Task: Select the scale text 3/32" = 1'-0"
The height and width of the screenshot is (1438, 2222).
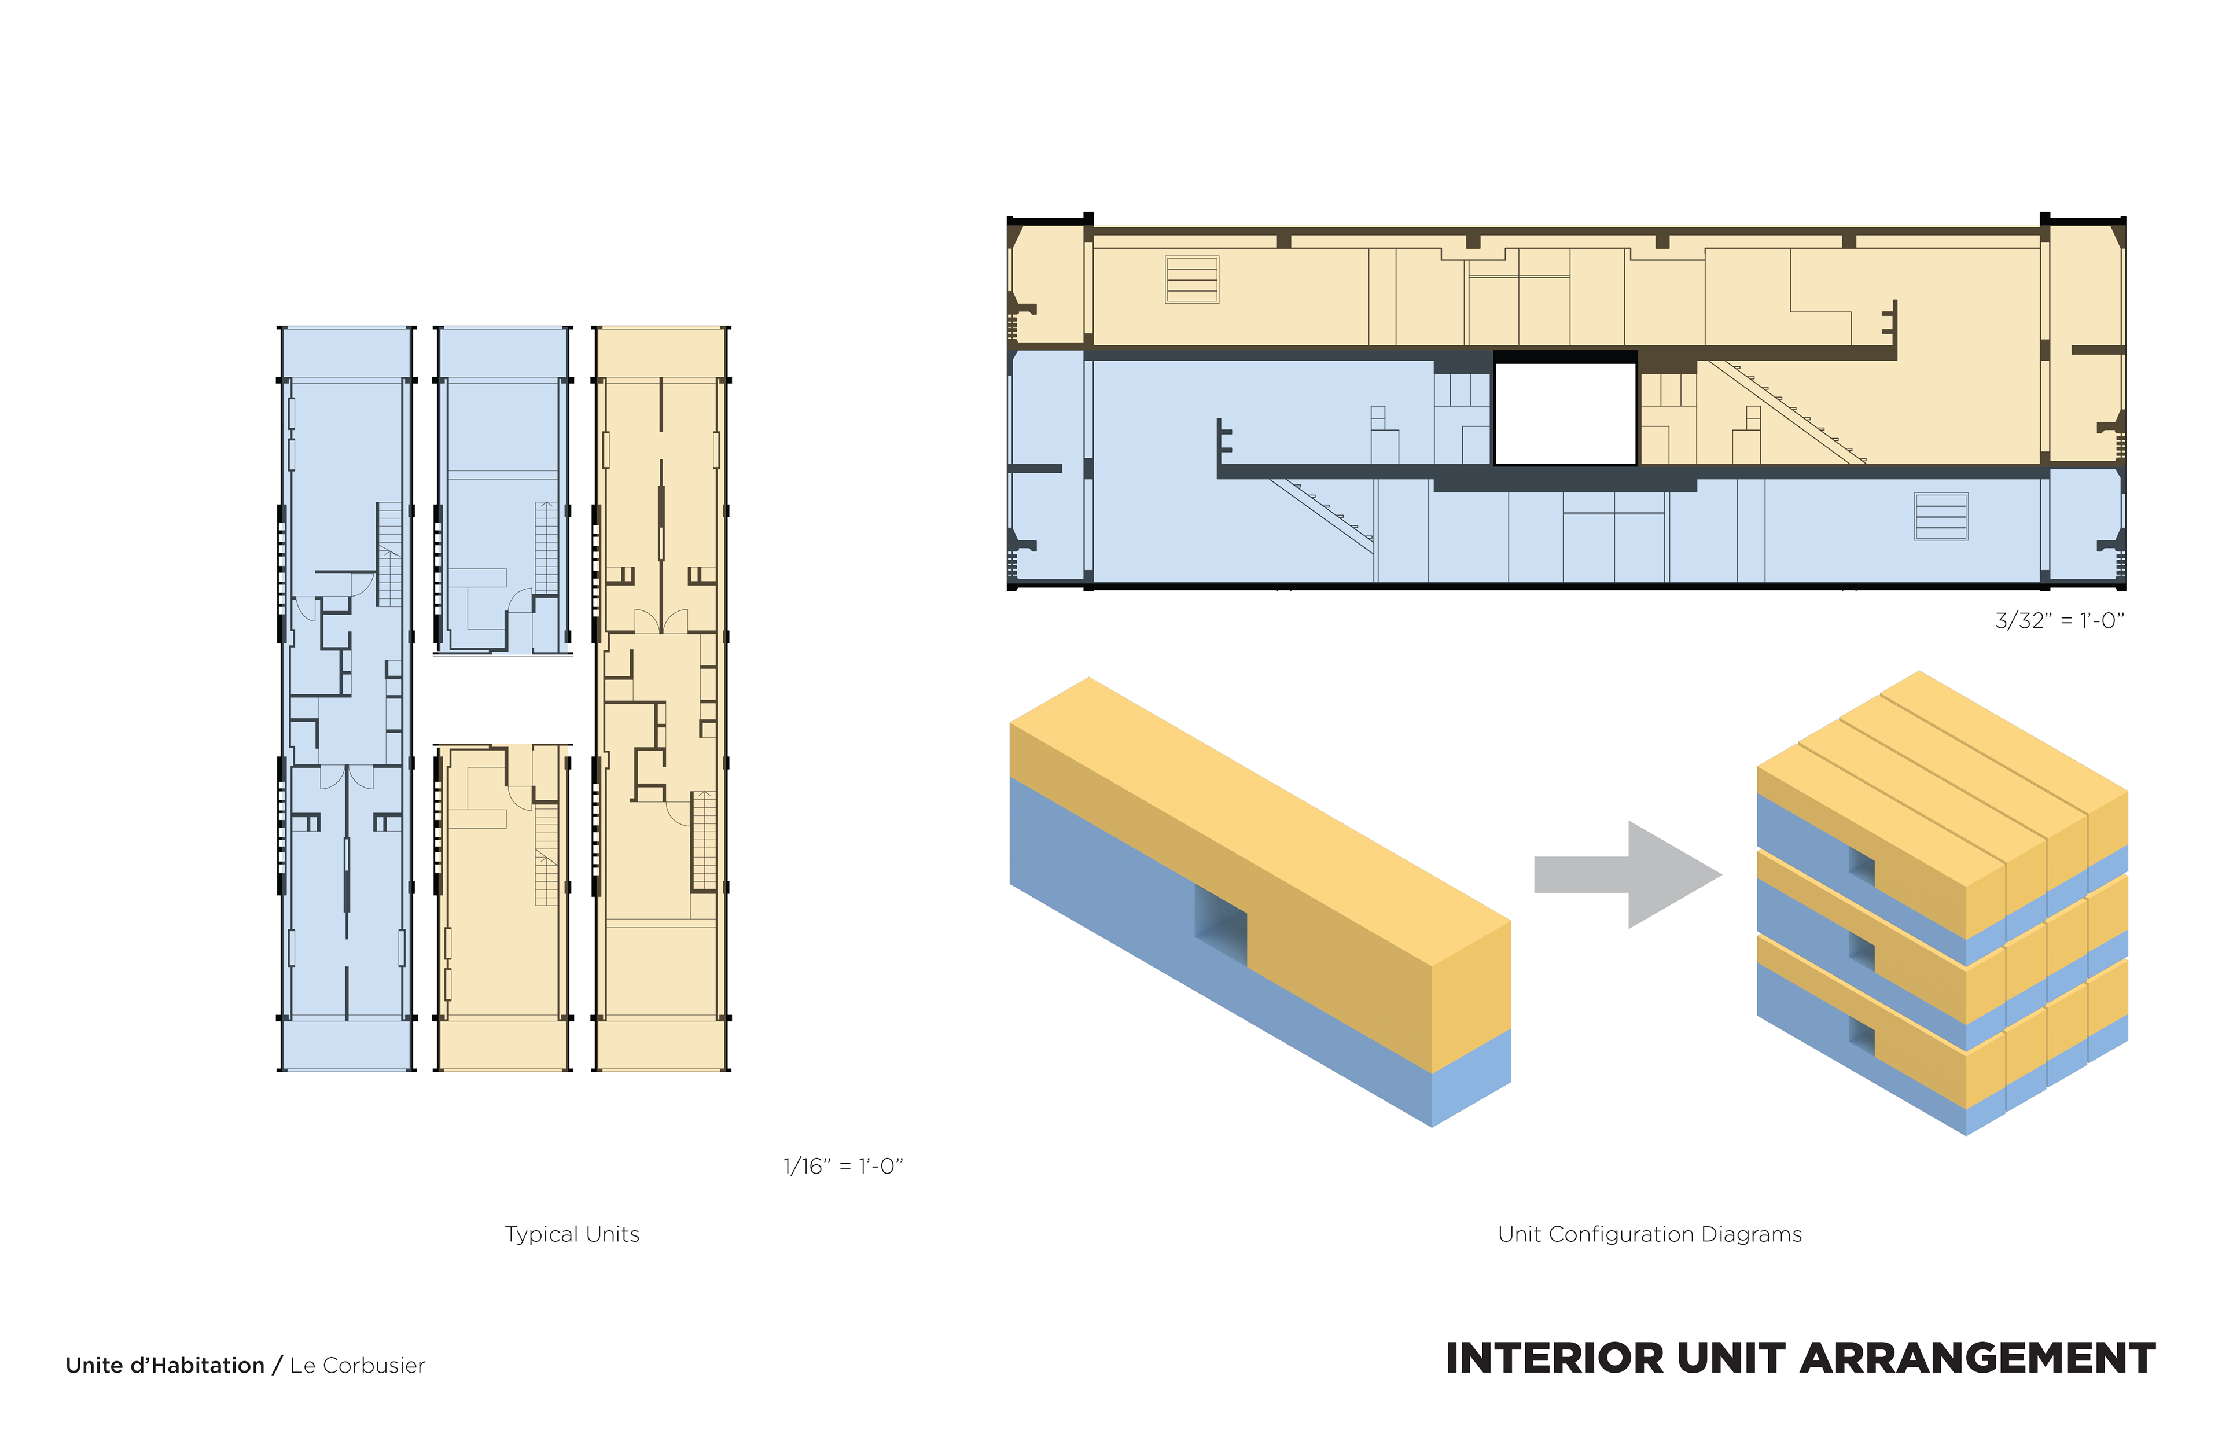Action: pos(2059,621)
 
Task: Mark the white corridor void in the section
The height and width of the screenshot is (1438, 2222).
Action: pos(1565,413)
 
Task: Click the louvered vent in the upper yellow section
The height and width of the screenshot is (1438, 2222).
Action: pos(1191,279)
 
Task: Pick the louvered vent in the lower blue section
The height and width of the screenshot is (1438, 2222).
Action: pos(1941,516)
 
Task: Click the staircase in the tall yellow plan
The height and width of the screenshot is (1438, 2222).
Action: pos(704,840)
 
